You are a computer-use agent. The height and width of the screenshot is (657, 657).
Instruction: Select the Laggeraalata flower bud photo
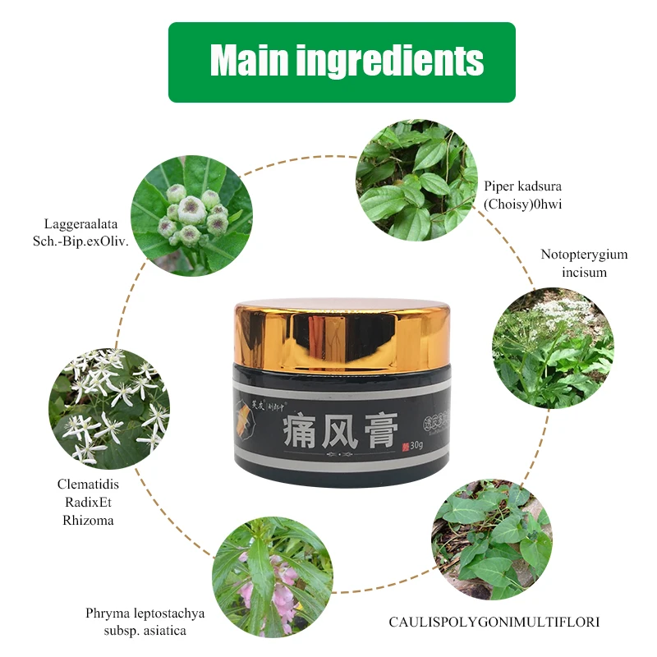(x=191, y=214)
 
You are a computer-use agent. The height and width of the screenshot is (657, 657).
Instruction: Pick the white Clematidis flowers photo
(x=109, y=407)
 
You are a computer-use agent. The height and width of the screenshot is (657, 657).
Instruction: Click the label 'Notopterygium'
(x=584, y=254)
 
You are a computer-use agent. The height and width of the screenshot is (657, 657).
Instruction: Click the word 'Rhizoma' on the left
(x=89, y=520)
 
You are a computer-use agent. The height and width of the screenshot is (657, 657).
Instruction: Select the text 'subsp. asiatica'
(x=145, y=631)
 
